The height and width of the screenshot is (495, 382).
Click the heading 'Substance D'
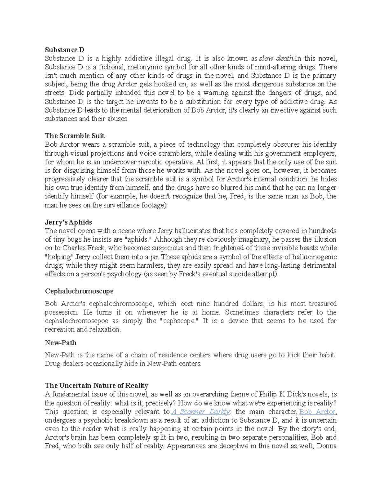point(65,50)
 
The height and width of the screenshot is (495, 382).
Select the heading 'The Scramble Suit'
point(74,136)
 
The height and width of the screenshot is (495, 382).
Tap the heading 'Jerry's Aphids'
point(68,222)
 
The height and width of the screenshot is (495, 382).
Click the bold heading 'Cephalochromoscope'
point(79,291)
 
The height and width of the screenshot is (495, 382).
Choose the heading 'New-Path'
point(60,343)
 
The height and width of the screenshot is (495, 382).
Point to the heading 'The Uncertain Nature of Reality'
point(96,386)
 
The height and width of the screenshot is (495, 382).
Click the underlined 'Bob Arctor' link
point(317,411)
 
